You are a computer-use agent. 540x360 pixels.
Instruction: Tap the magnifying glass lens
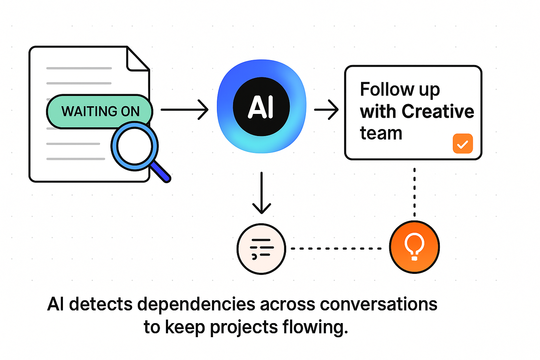[134, 146]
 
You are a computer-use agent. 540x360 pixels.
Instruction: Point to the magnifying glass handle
[160, 172]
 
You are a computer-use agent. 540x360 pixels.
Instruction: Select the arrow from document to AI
[184, 110]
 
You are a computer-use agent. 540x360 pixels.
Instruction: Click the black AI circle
[261, 107]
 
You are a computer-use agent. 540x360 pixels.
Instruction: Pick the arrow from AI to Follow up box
[326, 110]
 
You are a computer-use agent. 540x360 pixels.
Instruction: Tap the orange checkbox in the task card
[462, 143]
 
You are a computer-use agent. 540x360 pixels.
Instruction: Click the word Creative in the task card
[438, 111]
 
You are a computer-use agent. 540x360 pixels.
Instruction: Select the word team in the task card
[381, 133]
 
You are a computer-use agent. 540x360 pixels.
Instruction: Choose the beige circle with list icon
[261, 249]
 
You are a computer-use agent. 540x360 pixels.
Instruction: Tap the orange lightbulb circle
[414, 247]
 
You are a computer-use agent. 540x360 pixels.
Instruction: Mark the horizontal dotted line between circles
[336, 249]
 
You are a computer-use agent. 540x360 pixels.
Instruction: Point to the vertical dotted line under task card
[414, 192]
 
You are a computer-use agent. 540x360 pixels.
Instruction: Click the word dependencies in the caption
[196, 304]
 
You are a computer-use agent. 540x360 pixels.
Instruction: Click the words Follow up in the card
[400, 90]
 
